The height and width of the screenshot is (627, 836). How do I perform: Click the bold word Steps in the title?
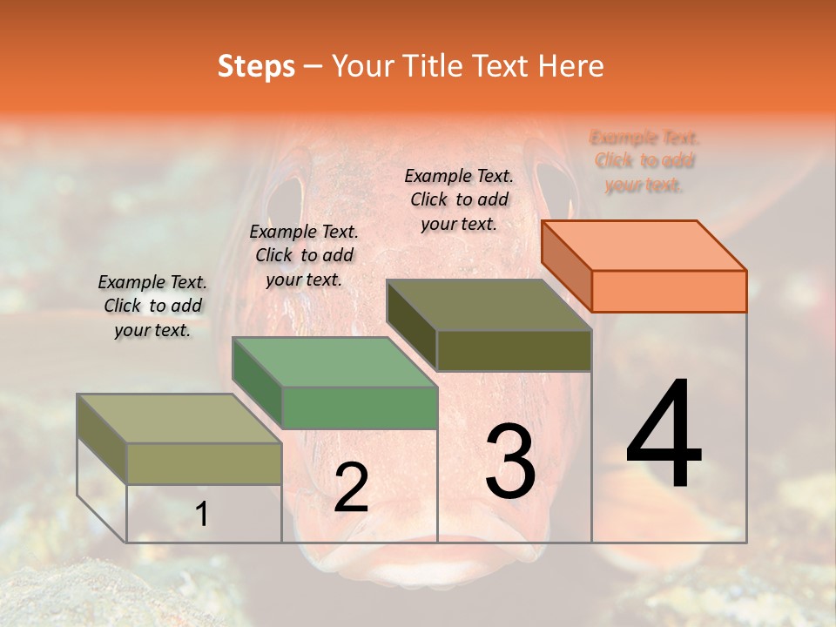click(x=256, y=66)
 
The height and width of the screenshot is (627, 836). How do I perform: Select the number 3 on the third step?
click(x=509, y=462)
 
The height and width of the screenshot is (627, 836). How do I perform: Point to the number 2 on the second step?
click(x=351, y=488)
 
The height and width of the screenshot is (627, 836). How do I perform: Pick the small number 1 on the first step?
click(x=201, y=515)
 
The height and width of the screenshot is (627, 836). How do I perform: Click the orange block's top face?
click(x=644, y=245)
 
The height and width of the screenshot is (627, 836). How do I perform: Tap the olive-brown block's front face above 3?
click(x=514, y=351)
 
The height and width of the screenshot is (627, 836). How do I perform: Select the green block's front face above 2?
click(x=359, y=408)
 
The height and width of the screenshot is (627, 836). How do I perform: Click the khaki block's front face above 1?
click(x=204, y=463)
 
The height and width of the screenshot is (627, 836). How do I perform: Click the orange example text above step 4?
click(x=644, y=161)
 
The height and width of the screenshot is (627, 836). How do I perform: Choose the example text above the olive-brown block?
click(x=459, y=199)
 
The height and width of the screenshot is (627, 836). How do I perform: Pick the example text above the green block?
click(x=304, y=255)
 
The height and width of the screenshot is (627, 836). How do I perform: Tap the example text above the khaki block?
click(x=152, y=306)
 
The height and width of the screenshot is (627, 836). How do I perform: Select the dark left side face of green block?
click(x=257, y=382)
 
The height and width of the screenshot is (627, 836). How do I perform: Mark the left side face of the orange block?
click(x=566, y=266)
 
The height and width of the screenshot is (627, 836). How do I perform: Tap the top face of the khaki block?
click(x=179, y=418)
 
